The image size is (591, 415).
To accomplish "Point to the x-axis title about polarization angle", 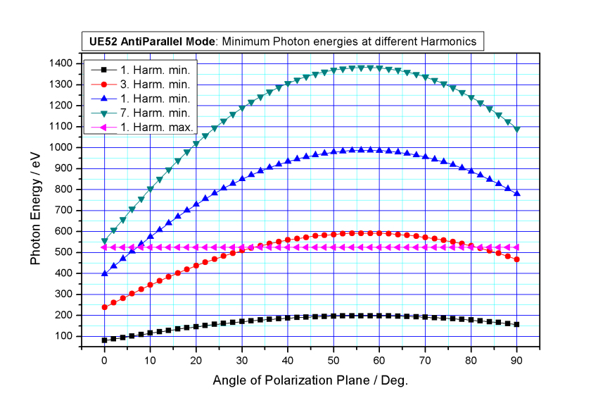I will pyautogui.click(x=310, y=380).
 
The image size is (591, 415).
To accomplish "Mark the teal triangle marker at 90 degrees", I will pyautogui.click(x=517, y=130).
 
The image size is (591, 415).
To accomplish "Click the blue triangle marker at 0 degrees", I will pyautogui.click(x=104, y=273).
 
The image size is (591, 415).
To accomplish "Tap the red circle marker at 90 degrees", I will pyautogui.click(x=517, y=259).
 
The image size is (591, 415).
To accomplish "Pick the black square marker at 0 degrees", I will pyautogui.click(x=104, y=340).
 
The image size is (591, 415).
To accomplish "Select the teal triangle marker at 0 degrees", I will pyautogui.click(x=104, y=241).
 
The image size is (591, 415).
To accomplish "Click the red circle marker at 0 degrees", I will pyautogui.click(x=104, y=307).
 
